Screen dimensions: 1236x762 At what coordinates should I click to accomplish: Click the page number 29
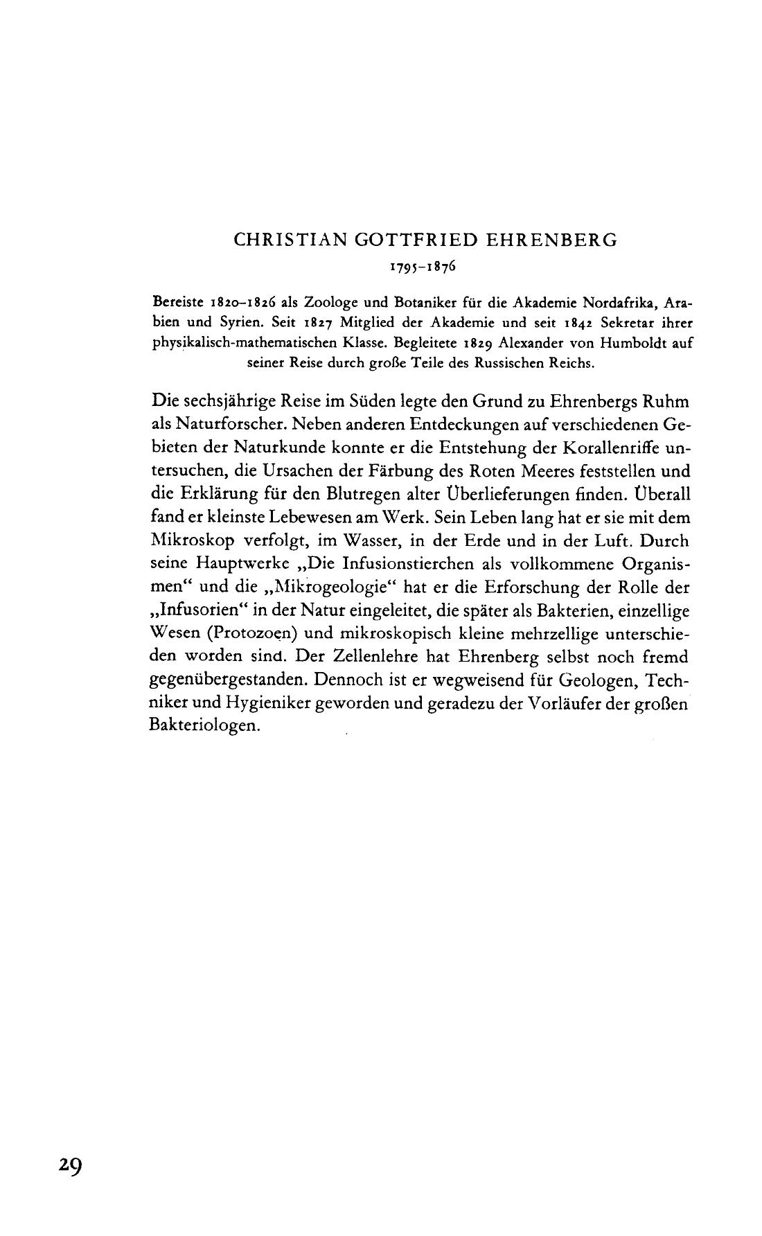tap(70, 1165)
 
